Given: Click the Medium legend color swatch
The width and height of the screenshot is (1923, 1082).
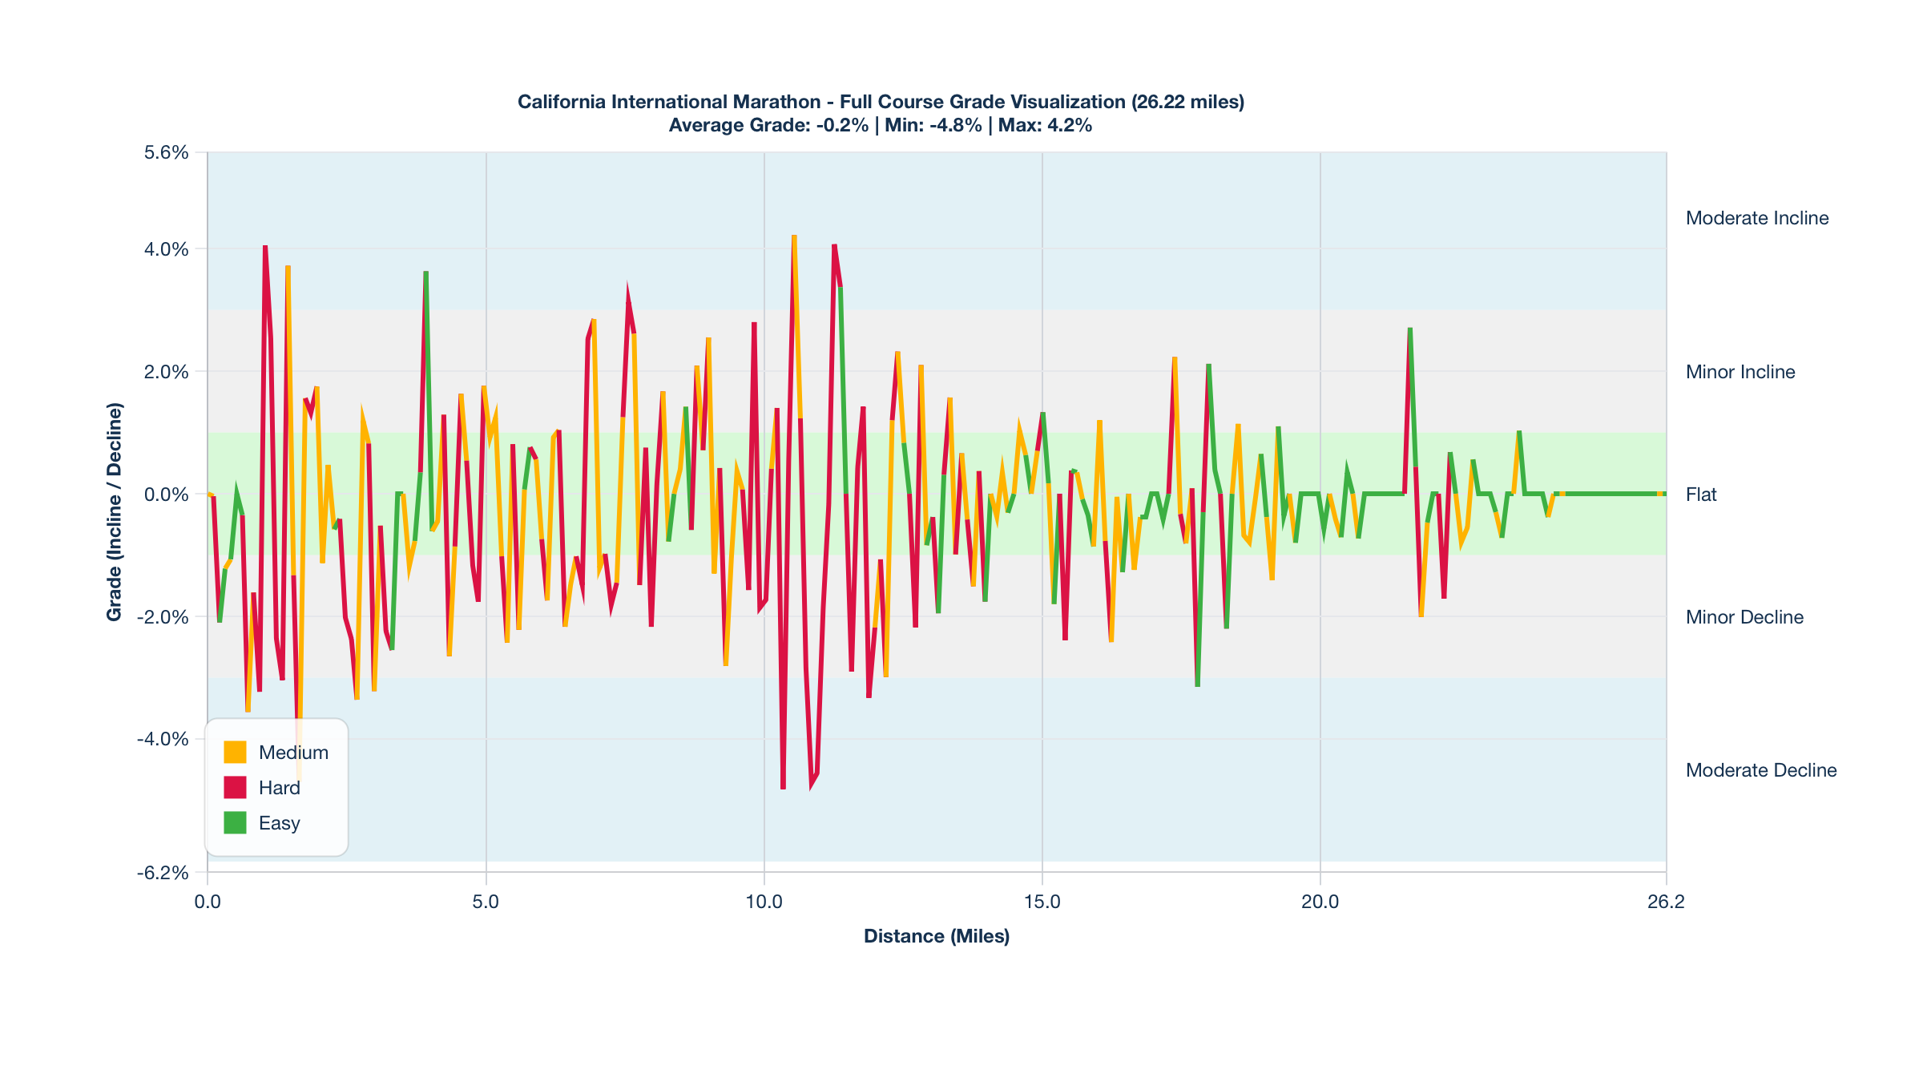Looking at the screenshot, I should pos(235,752).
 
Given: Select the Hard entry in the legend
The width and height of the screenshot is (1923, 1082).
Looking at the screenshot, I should pos(279,788).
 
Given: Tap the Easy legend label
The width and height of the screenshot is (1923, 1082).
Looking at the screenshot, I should pos(279,823).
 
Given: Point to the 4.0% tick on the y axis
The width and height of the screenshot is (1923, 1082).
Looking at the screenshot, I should pos(167,249).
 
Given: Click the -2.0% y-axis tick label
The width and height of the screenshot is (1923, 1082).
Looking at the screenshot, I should pos(163,617).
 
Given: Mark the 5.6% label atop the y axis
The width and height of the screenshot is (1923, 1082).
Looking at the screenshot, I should pos(167,152).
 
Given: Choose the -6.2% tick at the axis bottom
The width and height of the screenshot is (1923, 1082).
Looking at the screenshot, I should pos(163,873).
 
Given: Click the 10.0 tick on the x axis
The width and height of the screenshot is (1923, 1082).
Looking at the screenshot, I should pos(764,902).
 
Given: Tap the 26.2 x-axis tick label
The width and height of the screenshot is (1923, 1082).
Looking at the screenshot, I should pos(1666,902).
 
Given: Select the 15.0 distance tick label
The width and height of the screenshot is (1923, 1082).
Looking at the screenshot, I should pos(1042,902).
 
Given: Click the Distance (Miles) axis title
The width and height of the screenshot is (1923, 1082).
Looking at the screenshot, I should pos(937,936).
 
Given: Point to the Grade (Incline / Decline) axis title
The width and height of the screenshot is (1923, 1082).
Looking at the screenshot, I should pos(115,512).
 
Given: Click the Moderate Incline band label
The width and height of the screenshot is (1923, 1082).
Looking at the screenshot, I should pos(1757,218).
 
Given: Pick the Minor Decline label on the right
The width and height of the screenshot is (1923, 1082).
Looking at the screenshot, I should pos(1744,617).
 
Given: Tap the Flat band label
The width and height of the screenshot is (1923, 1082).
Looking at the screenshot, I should pos(1701,495).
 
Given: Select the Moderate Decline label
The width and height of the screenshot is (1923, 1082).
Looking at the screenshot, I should pos(1761,770).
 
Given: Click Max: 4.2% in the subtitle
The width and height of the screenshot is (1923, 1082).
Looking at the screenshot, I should pos(1045,125).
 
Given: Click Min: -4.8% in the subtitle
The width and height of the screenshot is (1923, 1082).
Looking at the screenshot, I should pos(933,125).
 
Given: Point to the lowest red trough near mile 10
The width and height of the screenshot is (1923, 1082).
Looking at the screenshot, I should pos(783,788).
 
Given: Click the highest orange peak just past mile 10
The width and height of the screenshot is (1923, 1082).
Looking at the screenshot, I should pos(794,236).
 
